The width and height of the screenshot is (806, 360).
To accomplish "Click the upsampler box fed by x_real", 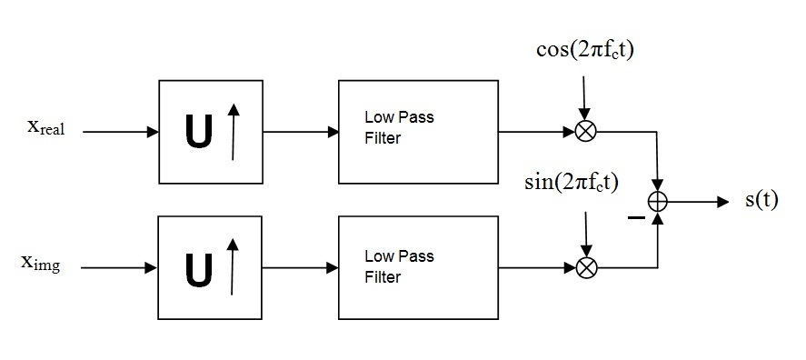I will point(210,131).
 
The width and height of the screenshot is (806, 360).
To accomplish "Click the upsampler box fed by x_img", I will point(210,267).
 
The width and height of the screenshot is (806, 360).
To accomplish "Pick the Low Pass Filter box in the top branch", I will point(417,131).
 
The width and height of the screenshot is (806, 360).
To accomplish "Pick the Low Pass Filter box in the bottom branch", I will point(417,267).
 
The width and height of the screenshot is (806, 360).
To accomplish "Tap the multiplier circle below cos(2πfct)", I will point(585,131).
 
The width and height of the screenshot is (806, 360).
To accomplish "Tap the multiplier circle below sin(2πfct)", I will point(587,267).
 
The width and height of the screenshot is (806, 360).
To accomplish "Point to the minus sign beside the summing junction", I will point(635,219).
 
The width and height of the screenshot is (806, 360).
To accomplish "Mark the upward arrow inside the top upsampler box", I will point(233,132).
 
